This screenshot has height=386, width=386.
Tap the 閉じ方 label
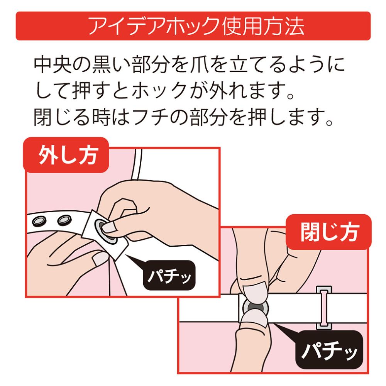[x=328, y=232]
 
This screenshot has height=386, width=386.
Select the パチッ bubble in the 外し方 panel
[x=169, y=275]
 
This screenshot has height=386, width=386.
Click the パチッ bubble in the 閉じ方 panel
[x=329, y=349]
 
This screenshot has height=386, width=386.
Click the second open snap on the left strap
[x=64, y=220]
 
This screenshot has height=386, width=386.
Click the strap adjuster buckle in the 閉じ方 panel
[x=324, y=308]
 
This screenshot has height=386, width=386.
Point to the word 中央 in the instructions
[x=52, y=65]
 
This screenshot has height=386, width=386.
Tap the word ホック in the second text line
[x=160, y=91]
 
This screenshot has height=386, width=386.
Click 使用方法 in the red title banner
[x=263, y=26]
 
